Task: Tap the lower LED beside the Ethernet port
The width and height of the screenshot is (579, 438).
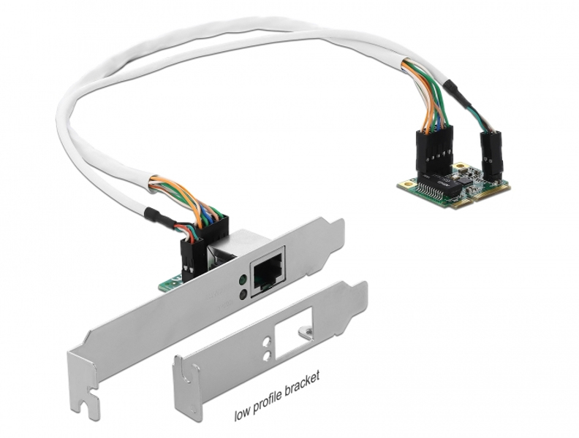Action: click(241, 296)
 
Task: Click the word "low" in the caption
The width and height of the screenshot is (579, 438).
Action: click(243, 417)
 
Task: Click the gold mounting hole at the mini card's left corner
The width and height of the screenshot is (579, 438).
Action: click(404, 189)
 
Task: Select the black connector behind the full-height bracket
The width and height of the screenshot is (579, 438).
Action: click(193, 252)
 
